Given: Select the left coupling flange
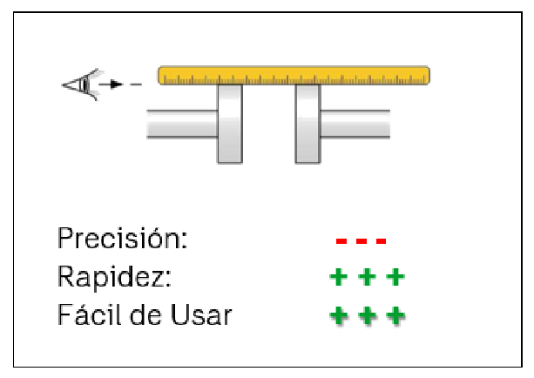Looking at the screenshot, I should [229, 123].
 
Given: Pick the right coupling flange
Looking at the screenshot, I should [308, 123].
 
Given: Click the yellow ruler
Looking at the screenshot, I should [294, 75].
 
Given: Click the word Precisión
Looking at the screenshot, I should [122, 238].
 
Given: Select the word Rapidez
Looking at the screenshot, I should [114, 277].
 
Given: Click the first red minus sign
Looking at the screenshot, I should [342, 241].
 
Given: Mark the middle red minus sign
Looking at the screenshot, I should [362, 241].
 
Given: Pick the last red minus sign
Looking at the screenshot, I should [380, 241].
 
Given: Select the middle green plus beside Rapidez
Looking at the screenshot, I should [367, 278].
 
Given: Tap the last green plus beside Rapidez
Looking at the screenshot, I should [395, 278].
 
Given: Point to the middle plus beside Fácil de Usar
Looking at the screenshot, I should [367, 315].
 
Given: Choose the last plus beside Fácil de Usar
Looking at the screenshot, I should [395, 315].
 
